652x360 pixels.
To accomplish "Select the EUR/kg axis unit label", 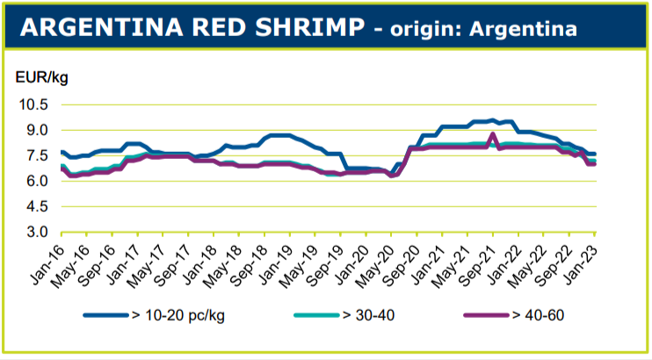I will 42,77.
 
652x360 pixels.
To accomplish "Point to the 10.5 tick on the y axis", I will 33,104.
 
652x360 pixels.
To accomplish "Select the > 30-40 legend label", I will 371,315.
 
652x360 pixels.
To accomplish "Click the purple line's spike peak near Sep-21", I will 494,134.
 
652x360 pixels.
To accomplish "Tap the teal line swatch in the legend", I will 310,315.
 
